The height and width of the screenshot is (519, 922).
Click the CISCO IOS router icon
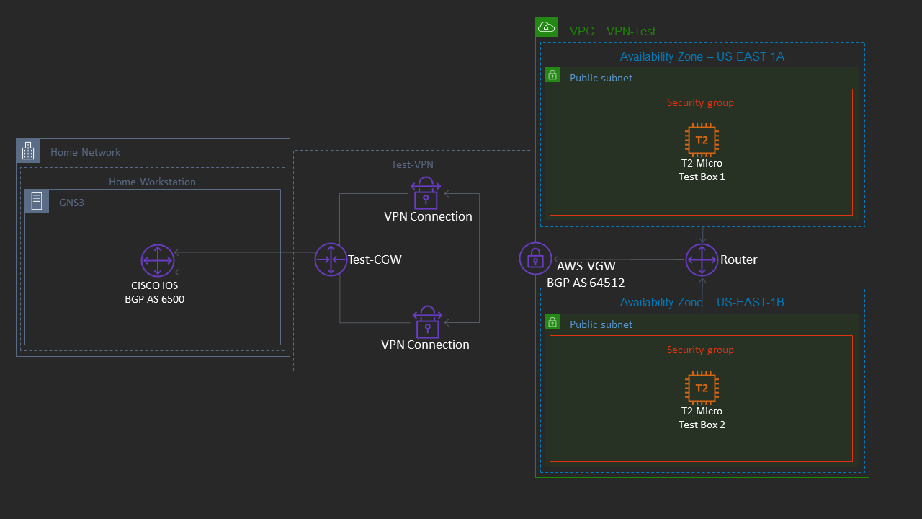[x=158, y=260]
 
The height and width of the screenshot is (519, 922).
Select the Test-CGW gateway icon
[x=331, y=259]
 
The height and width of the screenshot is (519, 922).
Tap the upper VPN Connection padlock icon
[x=426, y=193]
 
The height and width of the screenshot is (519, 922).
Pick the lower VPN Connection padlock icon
[x=428, y=322]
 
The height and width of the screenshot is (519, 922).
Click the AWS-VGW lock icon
[x=535, y=258]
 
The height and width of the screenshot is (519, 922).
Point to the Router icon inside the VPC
[x=701, y=259]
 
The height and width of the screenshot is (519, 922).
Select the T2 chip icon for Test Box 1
[x=702, y=140]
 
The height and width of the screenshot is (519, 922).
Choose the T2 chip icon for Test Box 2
[x=702, y=388]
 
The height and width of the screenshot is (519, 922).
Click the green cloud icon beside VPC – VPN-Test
[x=547, y=27]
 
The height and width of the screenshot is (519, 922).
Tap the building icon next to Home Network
[x=28, y=151]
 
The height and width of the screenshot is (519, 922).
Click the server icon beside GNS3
[x=37, y=201]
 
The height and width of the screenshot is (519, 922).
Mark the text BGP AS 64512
[x=586, y=283]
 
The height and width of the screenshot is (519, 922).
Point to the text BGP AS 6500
[x=154, y=299]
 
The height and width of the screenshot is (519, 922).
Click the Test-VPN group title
[x=412, y=164]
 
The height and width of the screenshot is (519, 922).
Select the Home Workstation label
[x=152, y=182]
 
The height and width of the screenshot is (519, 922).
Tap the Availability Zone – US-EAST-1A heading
[x=702, y=56]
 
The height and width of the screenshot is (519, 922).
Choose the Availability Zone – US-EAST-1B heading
[x=702, y=303]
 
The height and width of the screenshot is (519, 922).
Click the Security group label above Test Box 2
[x=700, y=350]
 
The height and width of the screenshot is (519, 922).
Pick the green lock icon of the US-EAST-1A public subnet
[x=552, y=75]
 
